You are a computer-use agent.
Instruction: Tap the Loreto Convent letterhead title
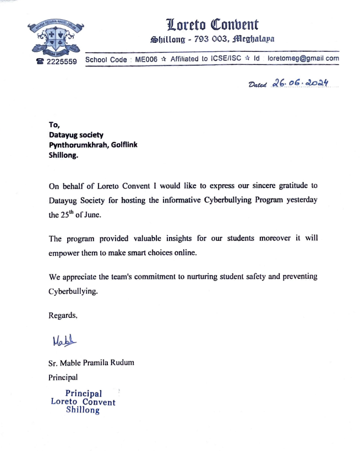click(212, 24)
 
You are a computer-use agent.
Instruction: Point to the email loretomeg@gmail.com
click(303, 58)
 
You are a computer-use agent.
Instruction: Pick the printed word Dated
click(258, 85)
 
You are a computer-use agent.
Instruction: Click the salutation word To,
click(54, 125)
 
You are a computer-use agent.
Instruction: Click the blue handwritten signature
click(64, 341)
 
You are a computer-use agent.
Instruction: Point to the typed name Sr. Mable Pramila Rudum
click(91, 363)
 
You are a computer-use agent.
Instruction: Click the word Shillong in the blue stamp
click(83, 410)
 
